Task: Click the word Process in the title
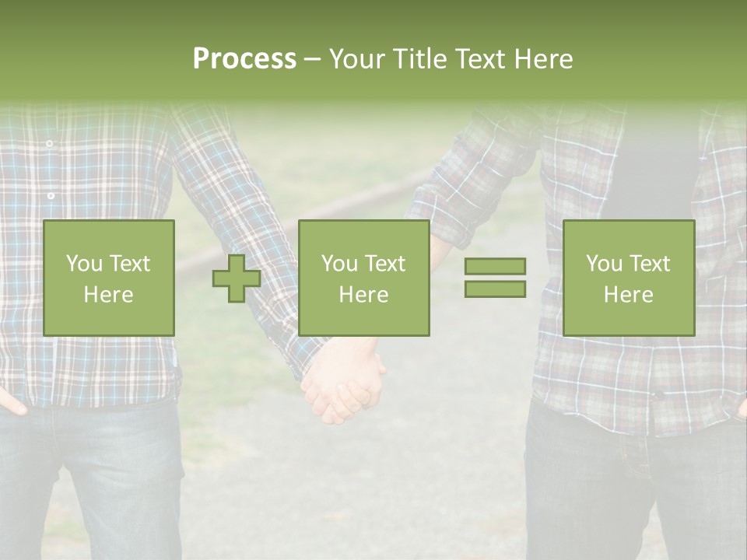coord(244,59)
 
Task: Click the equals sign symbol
coord(495,278)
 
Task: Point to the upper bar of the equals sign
coord(495,267)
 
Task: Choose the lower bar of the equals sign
coord(495,289)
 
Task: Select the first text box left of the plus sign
coord(109,278)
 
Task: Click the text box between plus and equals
coord(363,278)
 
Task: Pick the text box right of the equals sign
coord(628,278)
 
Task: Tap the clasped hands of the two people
coord(342,385)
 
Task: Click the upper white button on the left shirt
coord(49,144)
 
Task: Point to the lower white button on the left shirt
coord(51,195)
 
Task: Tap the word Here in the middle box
coord(363,294)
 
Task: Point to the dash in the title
coord(312,59)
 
